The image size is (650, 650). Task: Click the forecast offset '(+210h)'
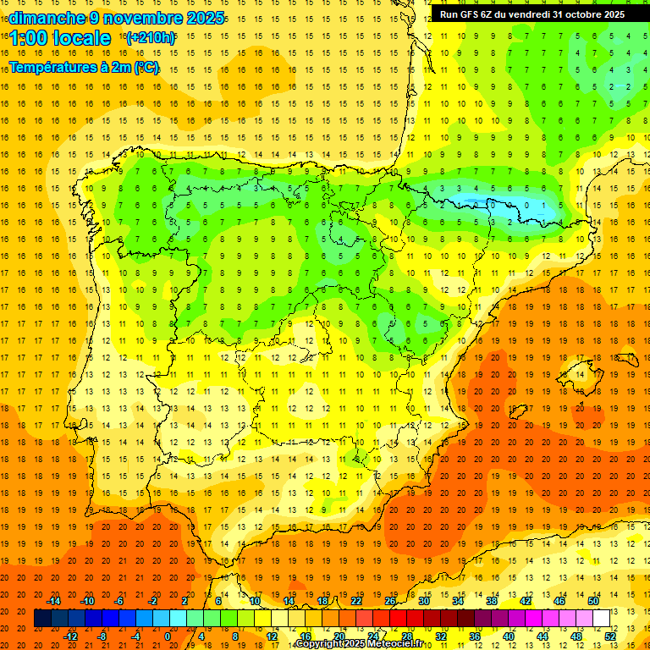click(150, 38)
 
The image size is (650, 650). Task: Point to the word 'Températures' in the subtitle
click(52, 67)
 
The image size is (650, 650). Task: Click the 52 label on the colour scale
click(610, 636)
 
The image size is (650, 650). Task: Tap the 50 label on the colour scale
click(593, 601)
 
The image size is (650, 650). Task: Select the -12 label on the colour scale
click(70, 636)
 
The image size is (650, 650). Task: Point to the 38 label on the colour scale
click(492, 601)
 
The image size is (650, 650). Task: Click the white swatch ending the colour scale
click(601, 619)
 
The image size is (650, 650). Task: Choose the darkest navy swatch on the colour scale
click(42, 619)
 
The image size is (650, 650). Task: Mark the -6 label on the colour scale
click(121, 601)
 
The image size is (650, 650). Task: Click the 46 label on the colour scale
click(559, 601)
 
